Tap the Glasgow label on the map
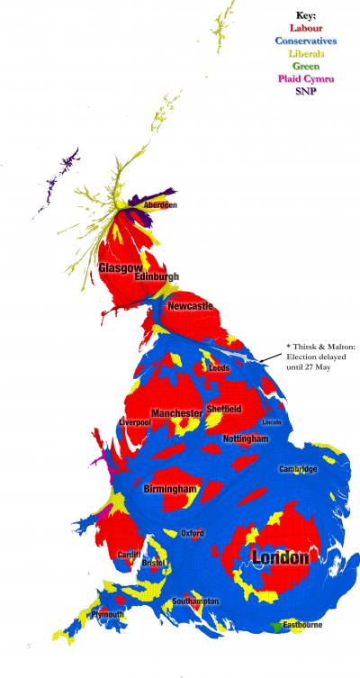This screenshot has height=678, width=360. coord(120,268)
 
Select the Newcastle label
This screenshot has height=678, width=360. coord(191,307)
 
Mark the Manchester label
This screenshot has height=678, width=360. coord(176,413)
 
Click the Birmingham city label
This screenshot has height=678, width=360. coord(169,489)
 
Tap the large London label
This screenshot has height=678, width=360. coord(280,558)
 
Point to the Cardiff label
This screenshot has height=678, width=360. coord(128,556)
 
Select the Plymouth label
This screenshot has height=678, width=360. coord(107,614)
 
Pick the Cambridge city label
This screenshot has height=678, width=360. coord(297,469)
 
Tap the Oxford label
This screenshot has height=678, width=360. coord(192,533)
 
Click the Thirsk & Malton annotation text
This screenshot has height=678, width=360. coord(316,357)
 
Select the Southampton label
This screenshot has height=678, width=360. coord(194,601)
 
